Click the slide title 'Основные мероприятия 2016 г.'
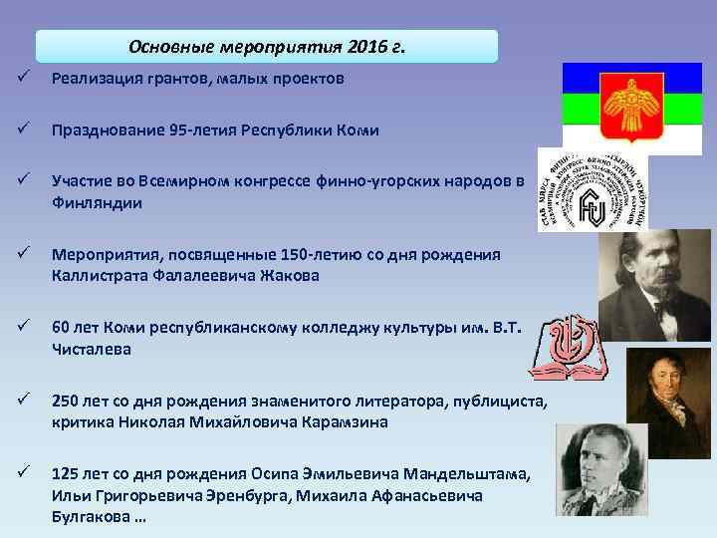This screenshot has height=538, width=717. click(267, 47)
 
